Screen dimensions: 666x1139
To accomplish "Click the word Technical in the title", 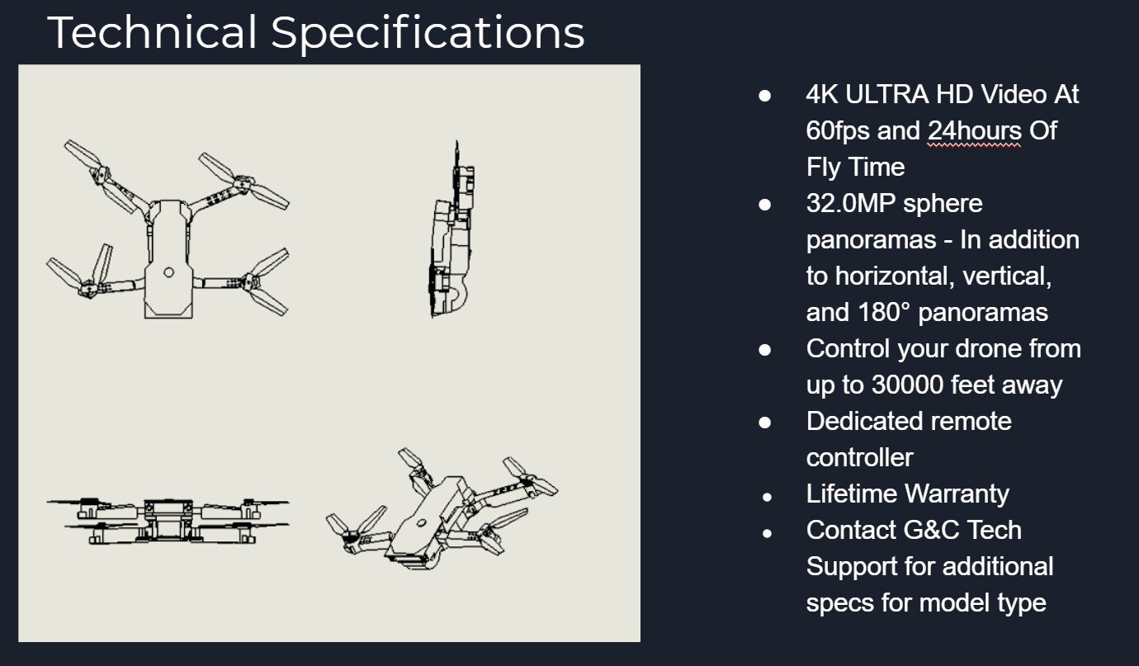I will pyautogui.click(x=154, y=33).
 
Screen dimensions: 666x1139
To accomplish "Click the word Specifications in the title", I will pyautogui.click(x=428, y=33).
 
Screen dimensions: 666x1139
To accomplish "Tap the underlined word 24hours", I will pyautogui.click(x=975, y=131).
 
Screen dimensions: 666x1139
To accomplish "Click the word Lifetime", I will pyautogui.click(x=851, y=494).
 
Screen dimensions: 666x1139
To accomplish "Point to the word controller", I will pyautogui.click(x=859, y=458).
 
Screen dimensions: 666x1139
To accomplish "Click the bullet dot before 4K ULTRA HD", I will pyautogui.click(x=765, y=96).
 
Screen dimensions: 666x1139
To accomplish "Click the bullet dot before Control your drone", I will pyautogui.click(x=765, y=350).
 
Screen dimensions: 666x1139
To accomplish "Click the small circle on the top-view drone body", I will pyautogui.click(x=169, y=272).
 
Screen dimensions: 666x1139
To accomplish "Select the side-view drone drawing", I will pyautogui.click(x=451, y=231).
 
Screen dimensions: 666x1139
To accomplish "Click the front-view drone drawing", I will pyautogui.click(x=168, y=520).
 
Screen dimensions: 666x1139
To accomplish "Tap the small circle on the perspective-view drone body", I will pyautogui.click(x=421, y=522).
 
